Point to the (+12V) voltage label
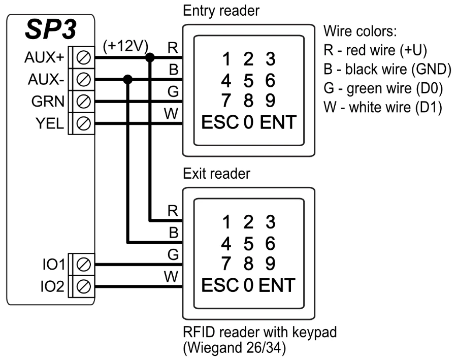click(x=125, y=46)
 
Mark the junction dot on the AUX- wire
click(x=128, y=79)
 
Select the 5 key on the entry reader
click(x=248, y=80)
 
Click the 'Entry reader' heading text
click(x=216, y=10)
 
